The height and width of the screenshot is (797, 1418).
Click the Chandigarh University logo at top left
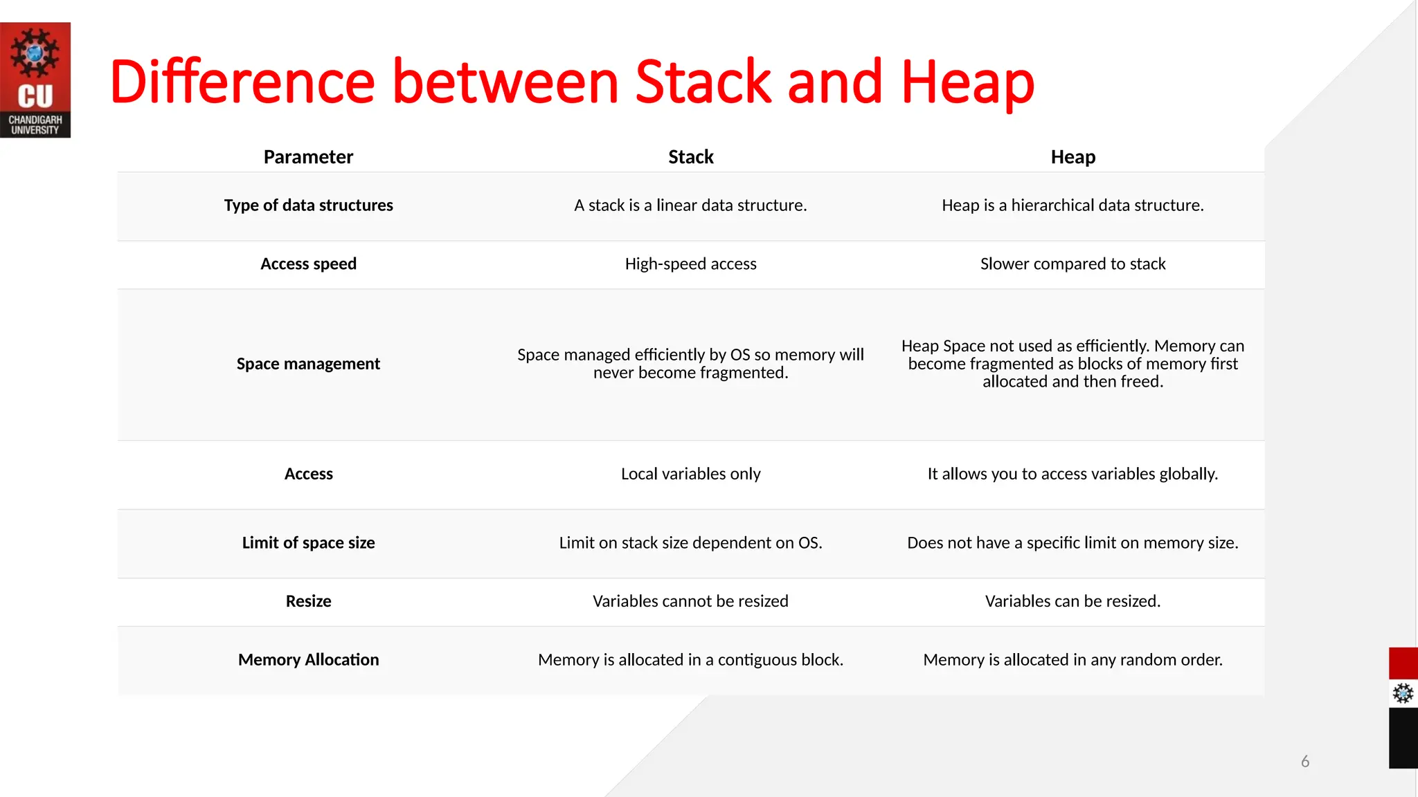click(x=35, y=80)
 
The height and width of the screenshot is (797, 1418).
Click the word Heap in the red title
click(x=967, y=83)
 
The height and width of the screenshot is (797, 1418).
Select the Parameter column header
click(x=308, y=157)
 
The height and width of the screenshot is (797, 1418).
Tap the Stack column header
click(x=690, y=157)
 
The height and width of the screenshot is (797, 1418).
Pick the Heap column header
click(x=1073, y=157)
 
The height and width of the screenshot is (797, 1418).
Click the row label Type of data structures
click(x=308, y=205)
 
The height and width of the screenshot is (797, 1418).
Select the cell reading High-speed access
click(x=690, y=264)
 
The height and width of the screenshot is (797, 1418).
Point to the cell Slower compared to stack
click(x=1073, y=264)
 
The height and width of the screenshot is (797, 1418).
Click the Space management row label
click(x=308, y=364)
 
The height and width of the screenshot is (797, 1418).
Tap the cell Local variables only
click(x=690, y=474)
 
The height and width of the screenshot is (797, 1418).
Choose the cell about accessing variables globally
click(x=1073, y=474)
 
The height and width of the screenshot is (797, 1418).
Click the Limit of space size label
click(x=308, y=543)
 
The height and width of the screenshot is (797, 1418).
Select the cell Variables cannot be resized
click(x=690, y=601)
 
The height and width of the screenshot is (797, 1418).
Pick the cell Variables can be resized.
click(x=1073, y=601)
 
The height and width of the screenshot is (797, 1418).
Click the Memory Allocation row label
click(x=308, y=660)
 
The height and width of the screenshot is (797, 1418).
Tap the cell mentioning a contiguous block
click(x=690, y=660)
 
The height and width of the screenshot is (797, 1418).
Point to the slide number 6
click(x=1305, y=762)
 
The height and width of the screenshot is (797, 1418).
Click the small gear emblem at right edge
click(x=1403, y=693)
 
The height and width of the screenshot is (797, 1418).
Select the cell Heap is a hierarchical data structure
click(x=1073, y=205)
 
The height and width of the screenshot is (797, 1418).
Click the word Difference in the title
click(x=242, y=83)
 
